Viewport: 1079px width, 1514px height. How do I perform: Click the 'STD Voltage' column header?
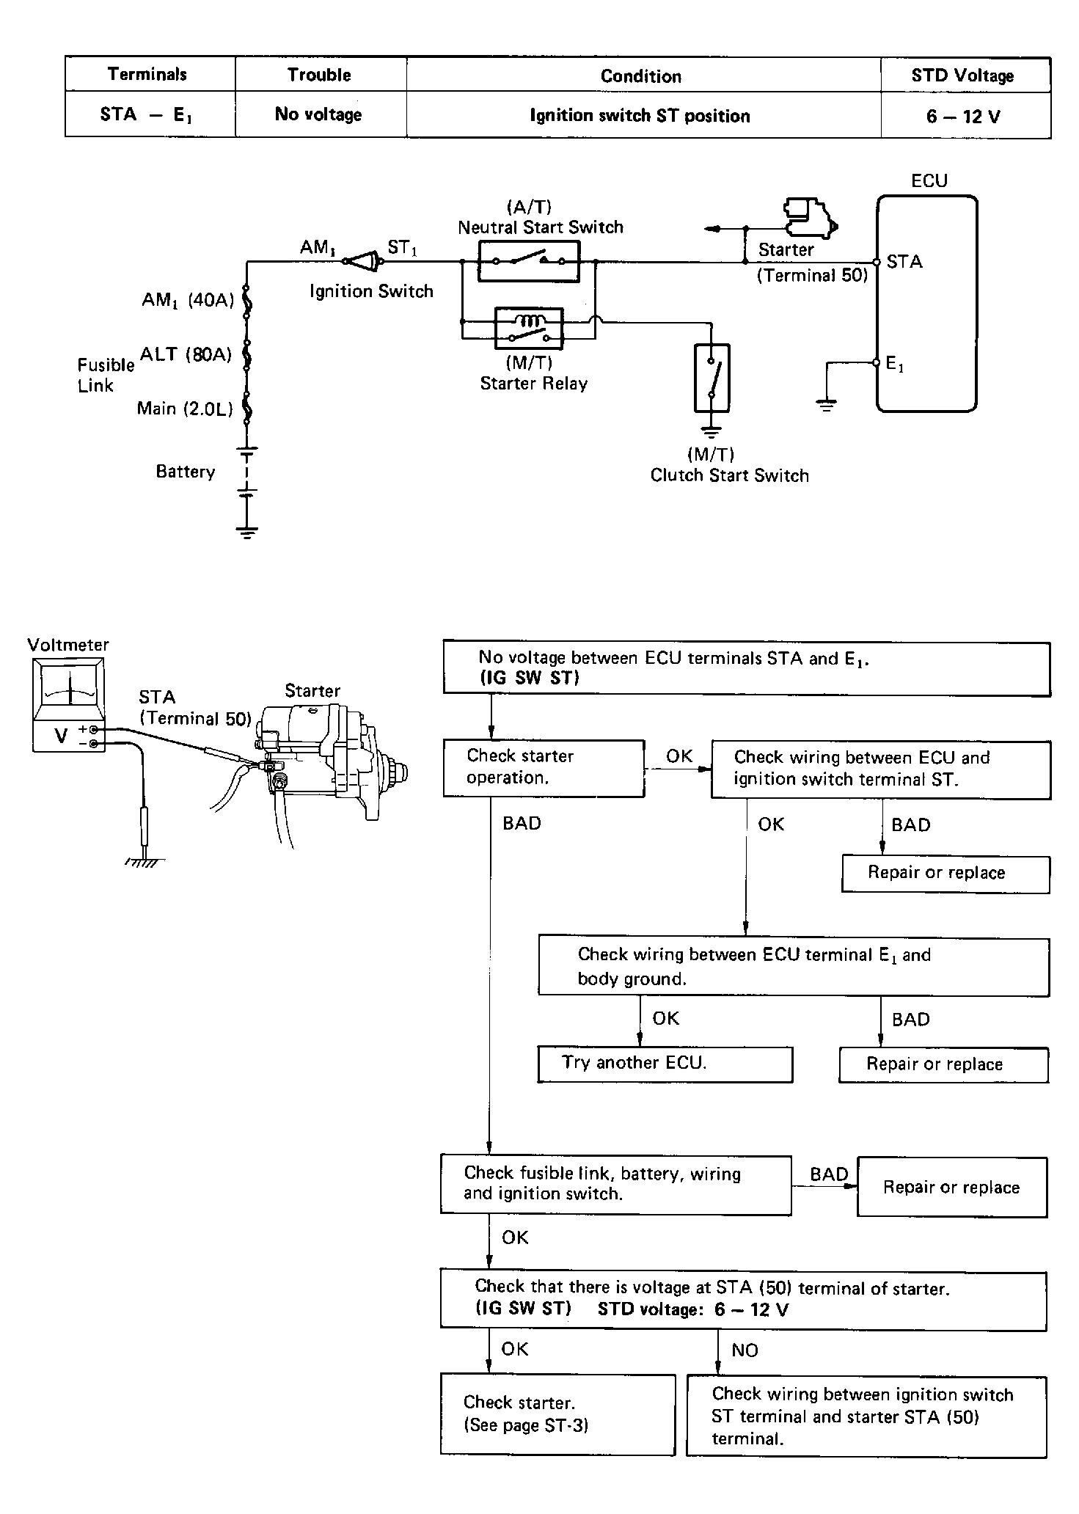[962, 75]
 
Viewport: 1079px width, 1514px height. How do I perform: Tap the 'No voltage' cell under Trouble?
[318, 114]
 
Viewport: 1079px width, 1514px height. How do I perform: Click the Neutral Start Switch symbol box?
[528, 260]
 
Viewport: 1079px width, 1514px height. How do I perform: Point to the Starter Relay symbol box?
[530, 327]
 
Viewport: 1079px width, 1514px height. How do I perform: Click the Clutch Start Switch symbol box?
[712, 378]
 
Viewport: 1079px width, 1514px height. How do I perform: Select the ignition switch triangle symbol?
[364, 261]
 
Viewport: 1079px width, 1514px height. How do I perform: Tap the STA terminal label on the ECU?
[904, 262]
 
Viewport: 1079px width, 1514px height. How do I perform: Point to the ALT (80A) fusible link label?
[186, 355]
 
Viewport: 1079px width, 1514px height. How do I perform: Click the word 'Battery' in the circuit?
[186, 472]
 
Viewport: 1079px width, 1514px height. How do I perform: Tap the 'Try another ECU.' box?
[665, 1064]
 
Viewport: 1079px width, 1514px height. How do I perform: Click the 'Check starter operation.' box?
[544, 768]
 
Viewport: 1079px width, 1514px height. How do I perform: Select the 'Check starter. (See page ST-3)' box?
[557, 1414]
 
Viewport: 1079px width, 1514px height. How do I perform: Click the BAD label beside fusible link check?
[829, 1174]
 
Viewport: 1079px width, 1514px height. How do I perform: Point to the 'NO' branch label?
[745, 1350]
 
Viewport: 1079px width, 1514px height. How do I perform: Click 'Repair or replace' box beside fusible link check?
[952, 1188]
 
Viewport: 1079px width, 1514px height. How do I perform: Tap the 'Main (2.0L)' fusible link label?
[185, 409]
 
